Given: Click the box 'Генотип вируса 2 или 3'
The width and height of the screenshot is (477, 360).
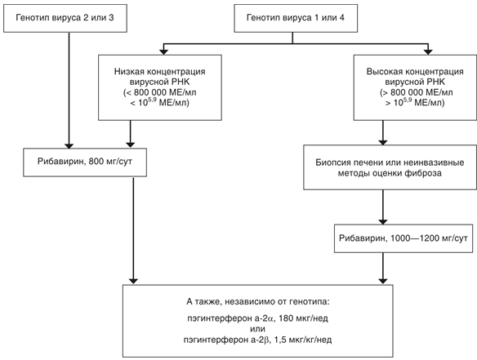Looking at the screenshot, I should tap(65, 17).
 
